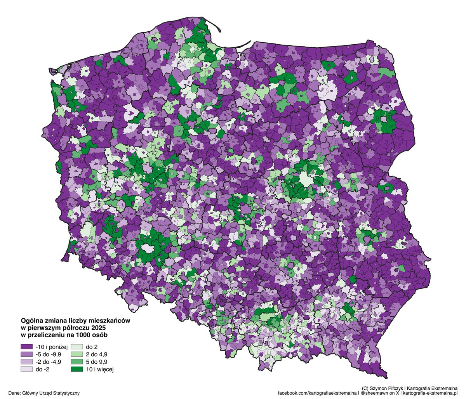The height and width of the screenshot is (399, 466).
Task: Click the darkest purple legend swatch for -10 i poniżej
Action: tap(26, 346)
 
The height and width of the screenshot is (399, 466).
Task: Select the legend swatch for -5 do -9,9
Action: tap(26, 354)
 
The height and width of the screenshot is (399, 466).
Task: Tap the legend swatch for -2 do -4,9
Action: tap(26, 362)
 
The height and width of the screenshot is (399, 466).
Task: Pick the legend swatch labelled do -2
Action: tap(26, 370)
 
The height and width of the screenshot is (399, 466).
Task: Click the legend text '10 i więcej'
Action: tap(100, 370)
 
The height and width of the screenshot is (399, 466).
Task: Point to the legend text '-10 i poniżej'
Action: tap(51, 346)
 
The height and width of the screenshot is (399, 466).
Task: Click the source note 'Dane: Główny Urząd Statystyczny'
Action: tap(43, 393)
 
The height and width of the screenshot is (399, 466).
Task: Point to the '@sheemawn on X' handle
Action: tap(379, 393)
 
